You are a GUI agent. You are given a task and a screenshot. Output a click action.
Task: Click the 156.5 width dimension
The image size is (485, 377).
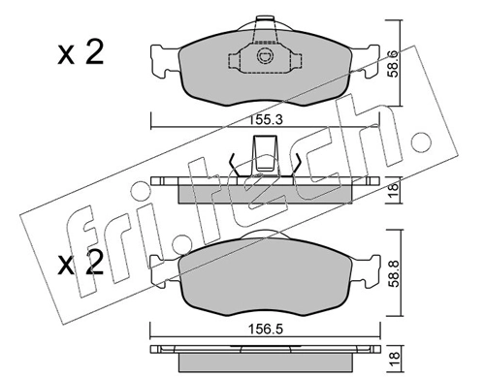pyautogui.click(x=263, y=329)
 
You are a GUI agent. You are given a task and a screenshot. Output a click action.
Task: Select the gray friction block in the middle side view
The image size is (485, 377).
pyautogui.click(x=263, y=193)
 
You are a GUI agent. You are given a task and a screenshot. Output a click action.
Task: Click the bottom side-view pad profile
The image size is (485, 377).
pyautogui.click(x=263, y=355)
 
